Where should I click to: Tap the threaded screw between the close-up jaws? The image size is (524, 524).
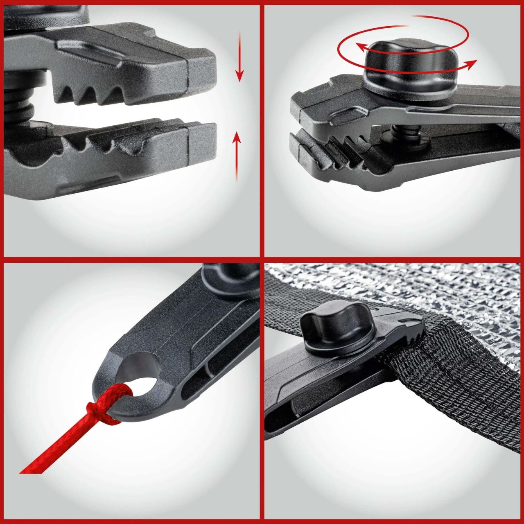click(x=20, y=106)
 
